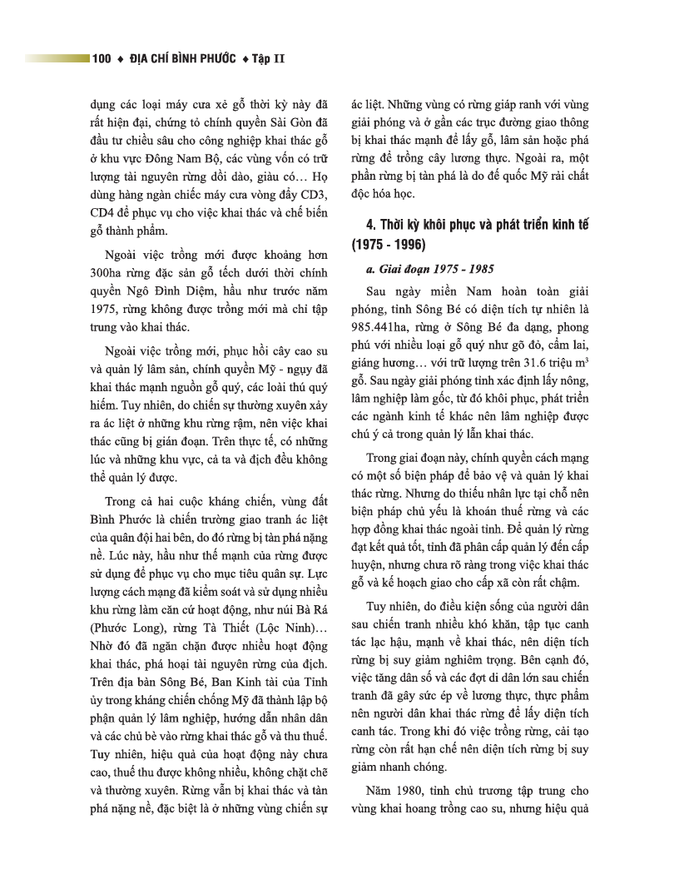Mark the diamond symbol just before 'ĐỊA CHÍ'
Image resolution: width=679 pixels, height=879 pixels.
coord(121,59)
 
